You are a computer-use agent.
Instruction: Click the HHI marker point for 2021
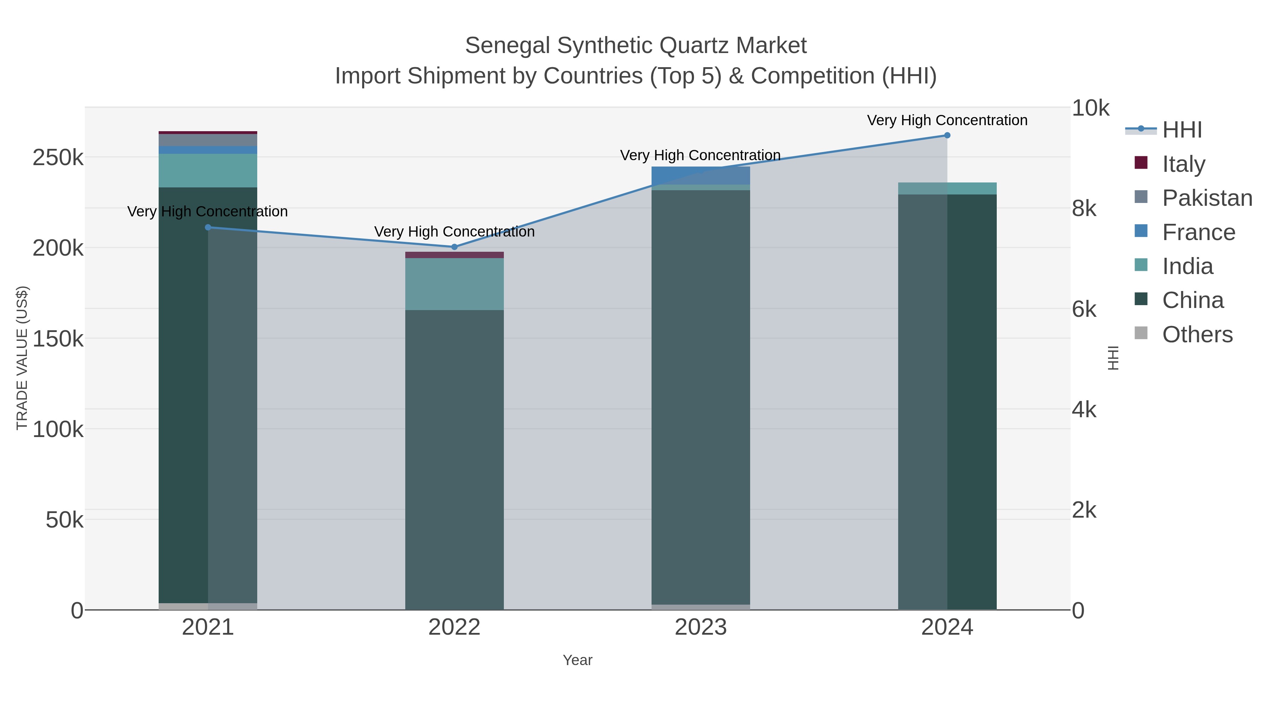(x=208, y=227)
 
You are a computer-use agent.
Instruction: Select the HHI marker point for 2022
(x=454, y=246)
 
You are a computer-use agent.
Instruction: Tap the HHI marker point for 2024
(x=947, y=135)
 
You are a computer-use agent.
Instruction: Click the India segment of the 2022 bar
(x=454, y=284)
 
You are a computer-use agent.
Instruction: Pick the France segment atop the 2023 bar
(x=701, y=175)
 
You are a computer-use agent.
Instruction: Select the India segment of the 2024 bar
(x=947, y=188)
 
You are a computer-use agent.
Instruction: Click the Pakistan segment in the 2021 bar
(x=208, y=140)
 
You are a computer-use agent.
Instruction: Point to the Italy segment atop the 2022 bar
(x=454, y=255)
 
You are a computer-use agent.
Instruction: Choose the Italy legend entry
(x=1183, y=164)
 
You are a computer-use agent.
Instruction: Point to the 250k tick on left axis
(x=58, y=158)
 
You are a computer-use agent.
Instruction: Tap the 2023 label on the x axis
(x=701, y=627)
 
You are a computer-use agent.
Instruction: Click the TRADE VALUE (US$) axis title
(x=22, y=358)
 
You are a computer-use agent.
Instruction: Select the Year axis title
(x=577, y=660)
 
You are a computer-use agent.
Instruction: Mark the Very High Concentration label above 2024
(x=947, y=120)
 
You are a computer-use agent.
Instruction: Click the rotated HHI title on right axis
(x=1113, y=358)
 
